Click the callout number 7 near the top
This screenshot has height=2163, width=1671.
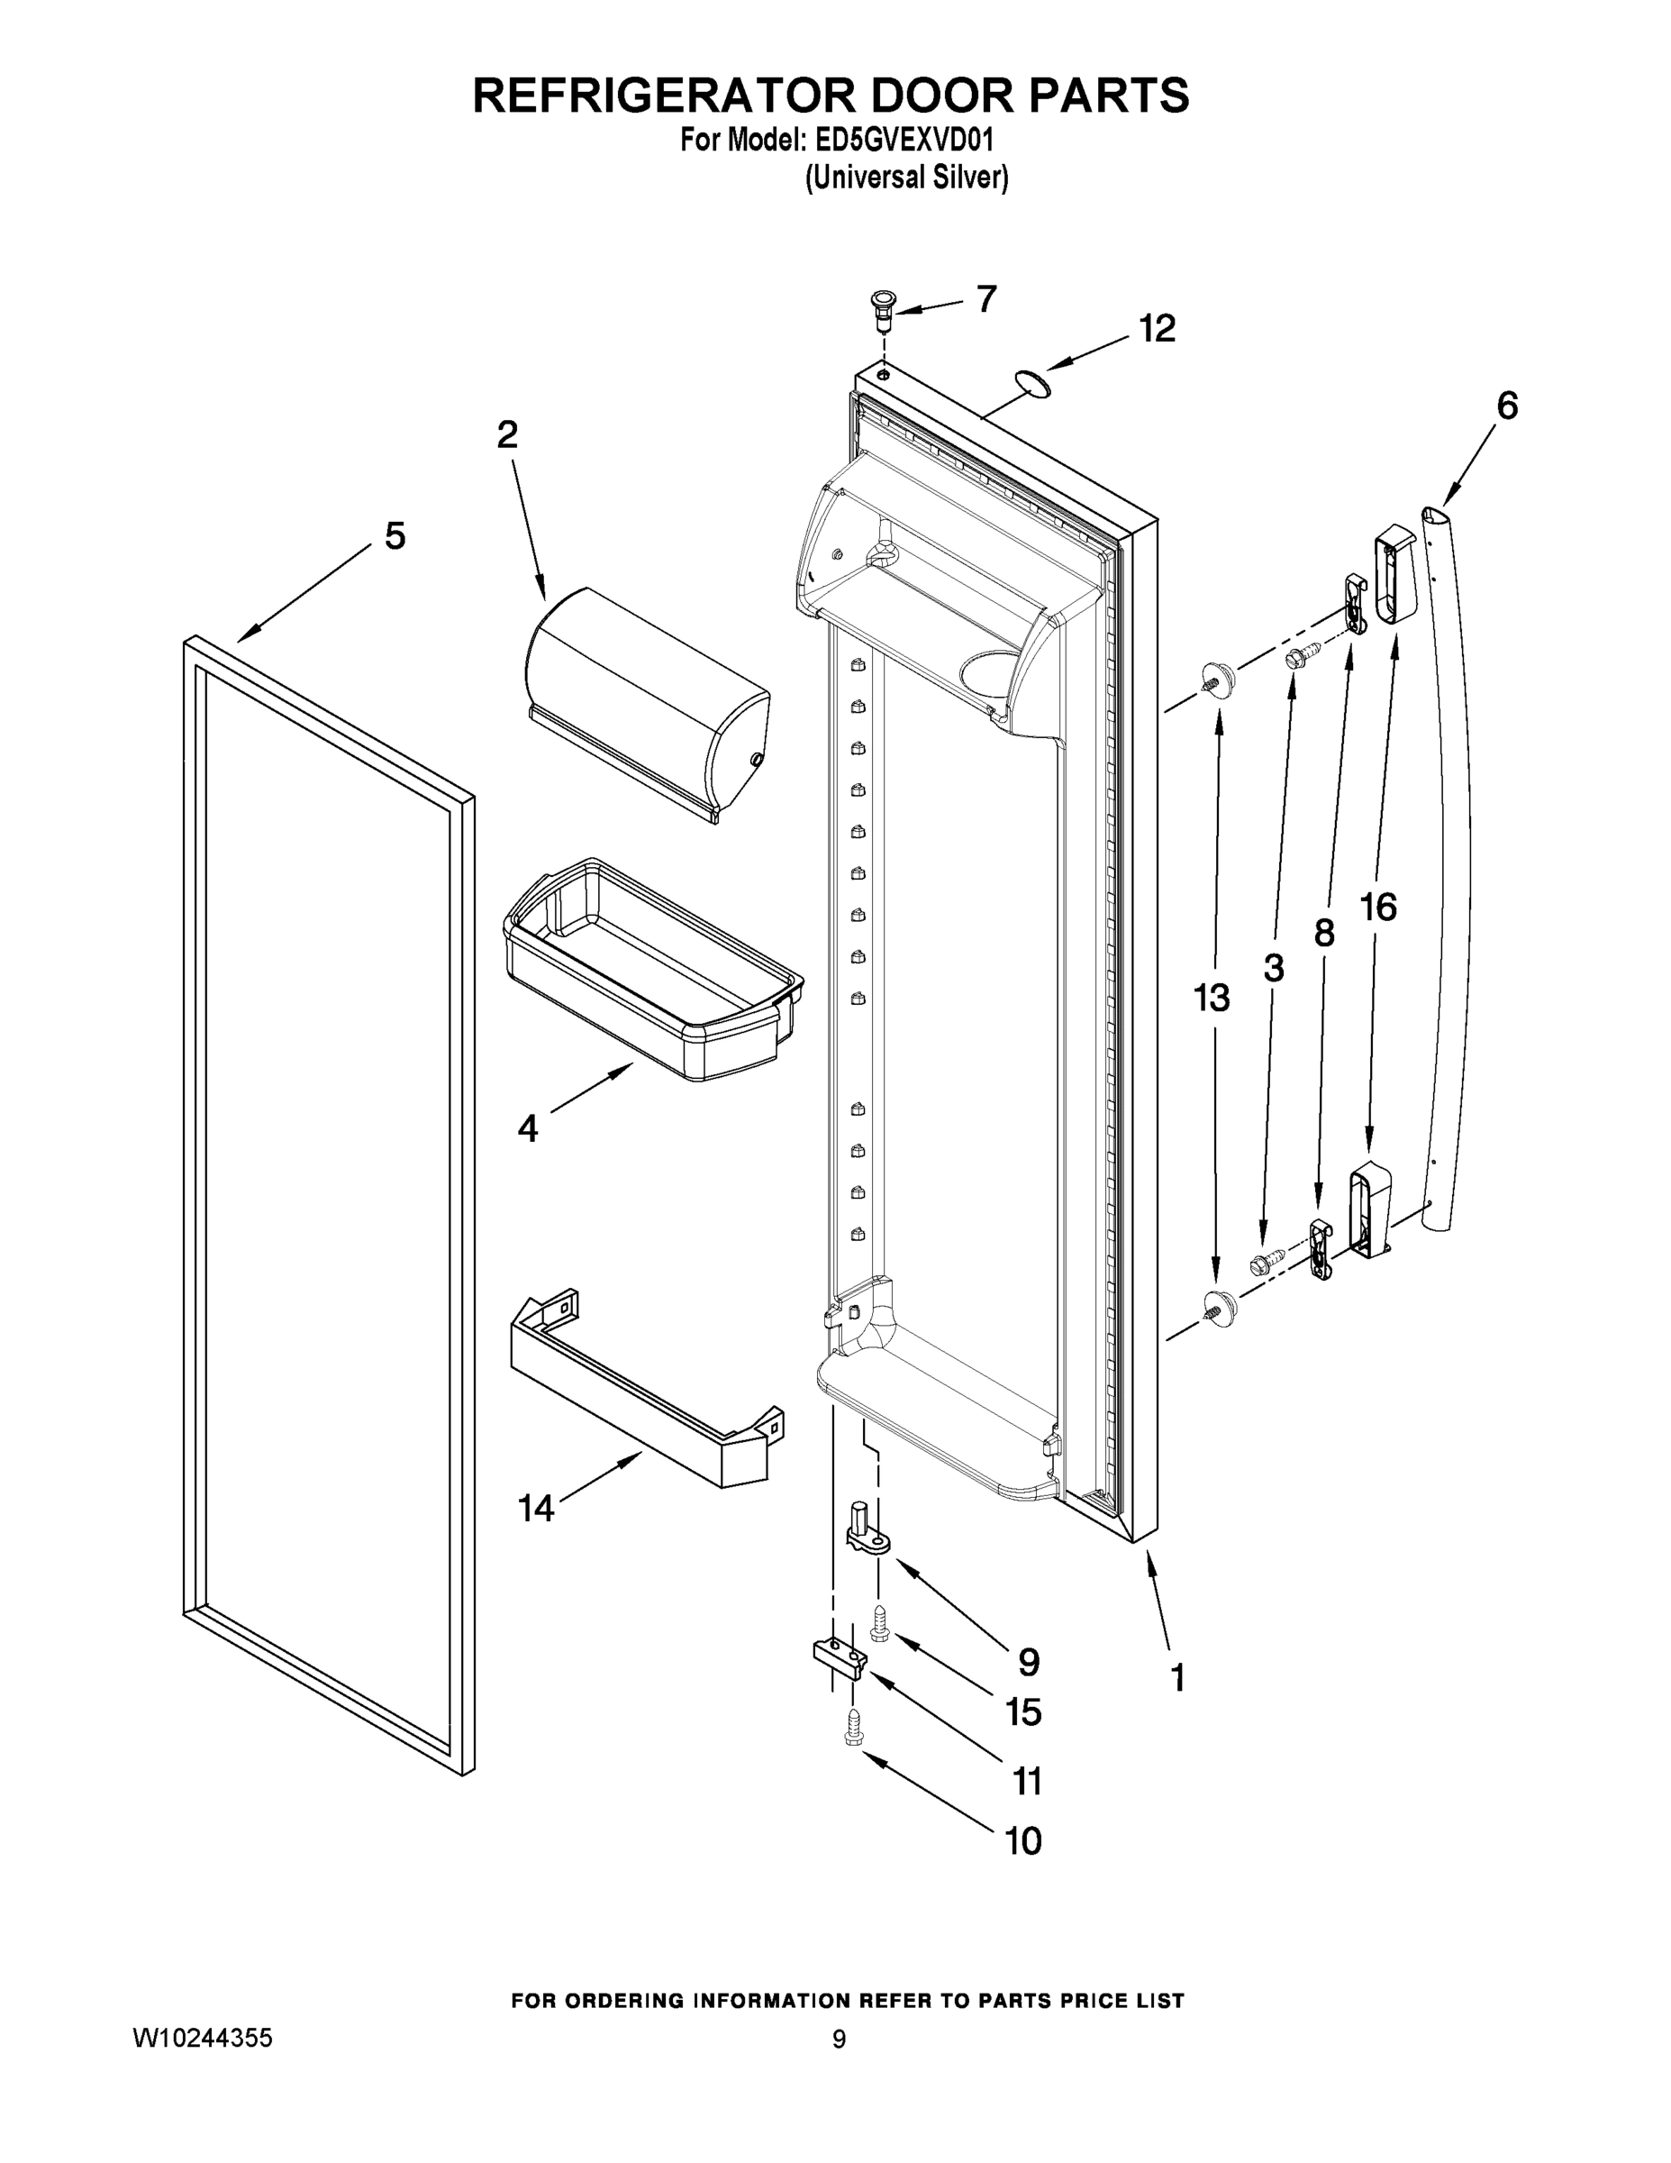coord(986,299)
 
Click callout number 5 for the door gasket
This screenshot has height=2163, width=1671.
coord(394,537)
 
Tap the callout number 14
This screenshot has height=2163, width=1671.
coord(536,1509)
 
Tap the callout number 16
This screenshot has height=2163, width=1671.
coord(1378,906)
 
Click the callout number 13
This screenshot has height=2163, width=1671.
coord(1211,999)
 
